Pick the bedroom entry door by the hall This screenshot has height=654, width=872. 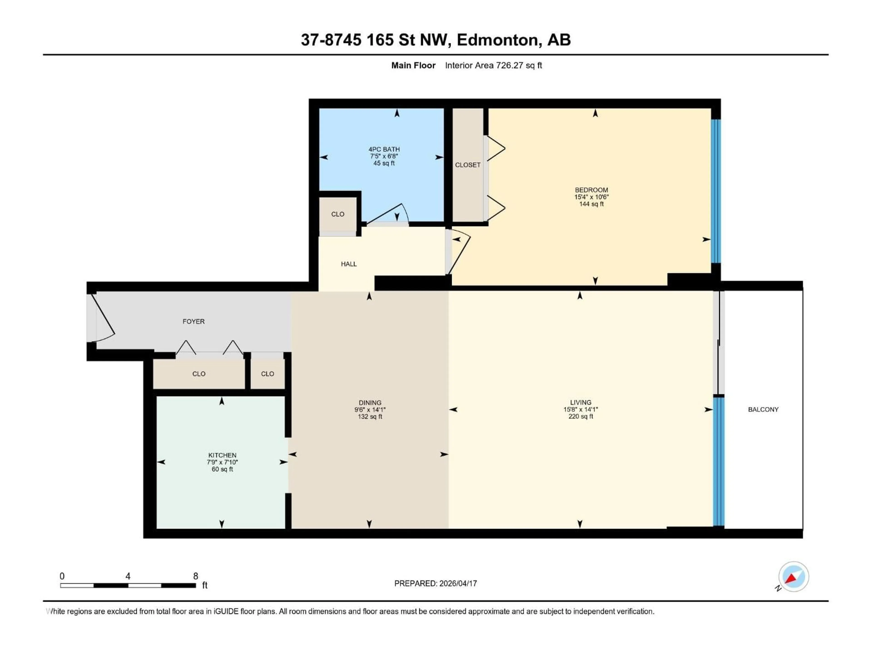(459, 252)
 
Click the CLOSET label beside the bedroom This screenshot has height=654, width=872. (468, 165)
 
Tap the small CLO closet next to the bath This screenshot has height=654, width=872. (337, 214)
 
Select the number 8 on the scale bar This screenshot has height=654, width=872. (196, 576)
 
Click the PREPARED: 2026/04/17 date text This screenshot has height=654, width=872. (435, 583)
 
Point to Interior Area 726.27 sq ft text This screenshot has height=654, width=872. (493, 65)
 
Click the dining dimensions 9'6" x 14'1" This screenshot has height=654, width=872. (370, 410)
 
